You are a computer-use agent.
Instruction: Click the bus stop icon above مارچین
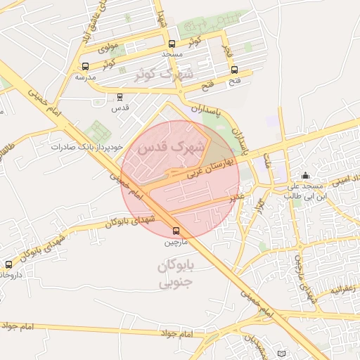pyautogui.click(x=175, y=230)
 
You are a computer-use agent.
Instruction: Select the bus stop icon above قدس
pyautogui.click(x=120, y=96)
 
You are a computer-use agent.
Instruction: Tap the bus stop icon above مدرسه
pyautogui.click(x=85, y=66)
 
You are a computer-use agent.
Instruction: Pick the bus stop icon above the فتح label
pyautogui.click(x=234, y=70)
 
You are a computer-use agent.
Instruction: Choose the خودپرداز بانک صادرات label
pyautogui.click(x=87, y=147)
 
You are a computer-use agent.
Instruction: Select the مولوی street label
pyautogui.click(x=107, y=49)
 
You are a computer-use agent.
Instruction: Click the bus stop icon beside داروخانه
pyautogui.click(x=8, y=264)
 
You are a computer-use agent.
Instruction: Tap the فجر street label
pyautogui.click(x=226, y=51)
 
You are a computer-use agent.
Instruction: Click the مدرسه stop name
pyautogui.click(x=84, y=77)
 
